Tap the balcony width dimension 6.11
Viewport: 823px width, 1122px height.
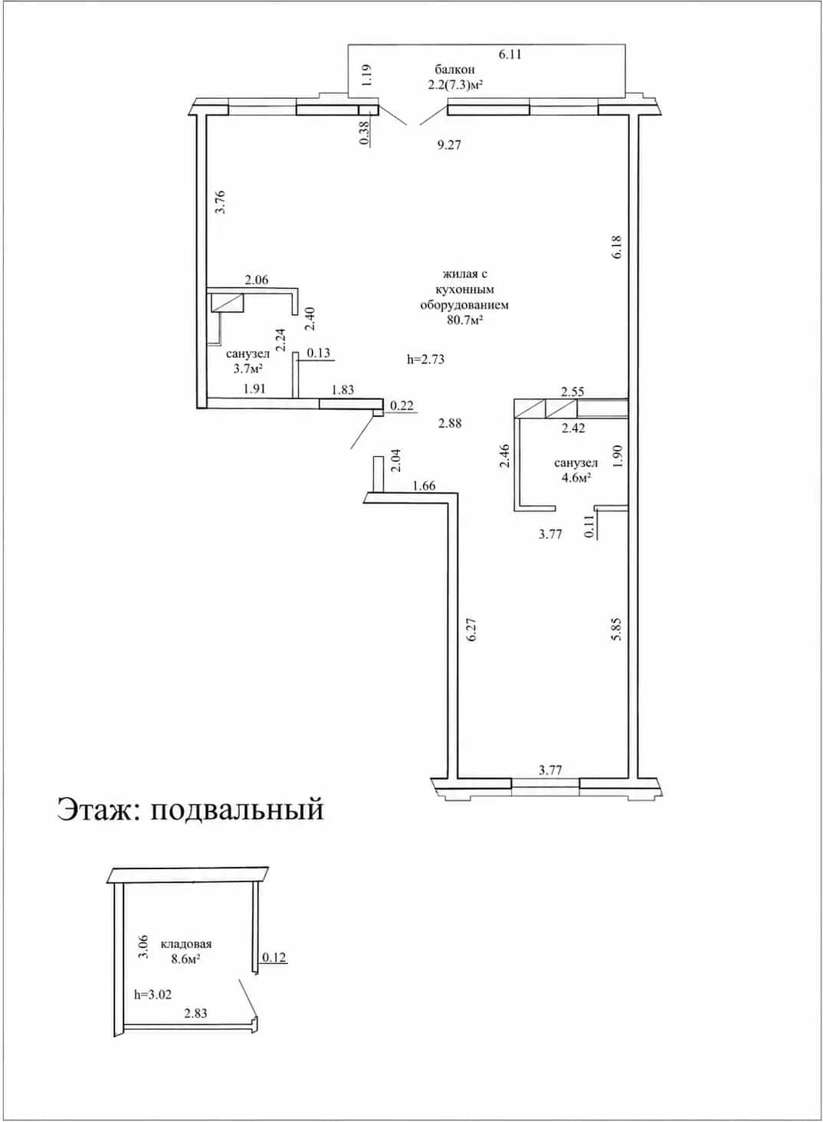510,54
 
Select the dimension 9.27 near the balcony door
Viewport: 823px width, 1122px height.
449,146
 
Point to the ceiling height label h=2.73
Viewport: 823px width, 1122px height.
426,359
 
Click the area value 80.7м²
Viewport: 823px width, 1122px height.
465,320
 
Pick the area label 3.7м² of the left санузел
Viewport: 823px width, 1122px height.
248,369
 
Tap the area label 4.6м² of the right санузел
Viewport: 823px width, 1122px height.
575,477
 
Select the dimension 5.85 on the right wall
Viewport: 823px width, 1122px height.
617,628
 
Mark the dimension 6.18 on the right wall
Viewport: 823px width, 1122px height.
617,247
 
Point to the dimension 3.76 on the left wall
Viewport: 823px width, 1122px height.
220,202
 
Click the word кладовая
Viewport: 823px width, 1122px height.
186,944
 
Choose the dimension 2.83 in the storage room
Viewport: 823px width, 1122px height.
195,1013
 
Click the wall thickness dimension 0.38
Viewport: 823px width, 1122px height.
365,134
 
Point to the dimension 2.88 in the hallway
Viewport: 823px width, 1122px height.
450,423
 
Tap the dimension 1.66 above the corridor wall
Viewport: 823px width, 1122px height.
424,485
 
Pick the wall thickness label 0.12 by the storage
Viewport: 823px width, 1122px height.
274,957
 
